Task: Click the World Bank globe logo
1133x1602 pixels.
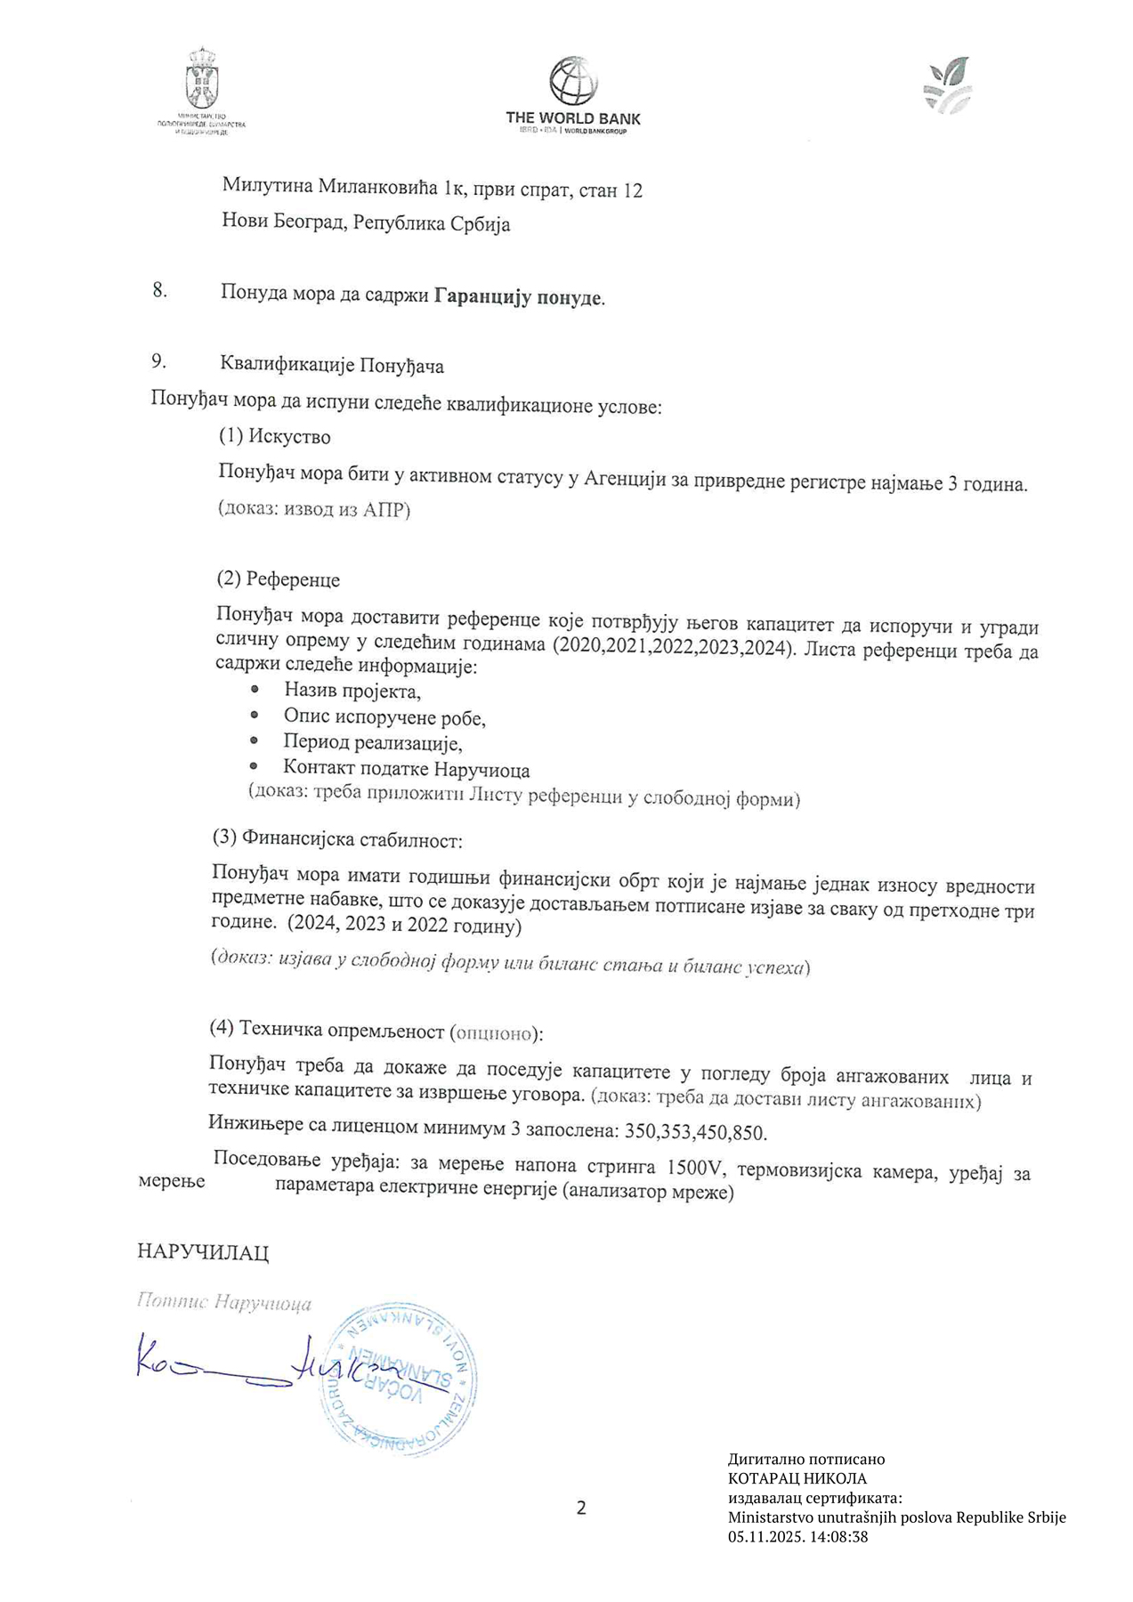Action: pyautogui.click(x=572, y=81)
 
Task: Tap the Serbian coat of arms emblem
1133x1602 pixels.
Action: pyautogui.click(x=202, y=79)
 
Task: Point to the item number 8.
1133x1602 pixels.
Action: pyautogui.click(x=160, y=291)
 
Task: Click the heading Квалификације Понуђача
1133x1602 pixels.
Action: pyautogui.click(x=332, y=365)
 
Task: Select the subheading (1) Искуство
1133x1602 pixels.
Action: pyautogui.click(x=275, y=437)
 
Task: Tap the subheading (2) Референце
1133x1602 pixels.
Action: pyautogui.click(x=279, y=579)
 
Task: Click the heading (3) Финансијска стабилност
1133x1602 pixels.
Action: pyautogui.click(x=337, y=838)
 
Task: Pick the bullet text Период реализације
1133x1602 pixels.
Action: pyautogui.click(x=373, y=741)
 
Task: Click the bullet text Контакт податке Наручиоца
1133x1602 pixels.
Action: pyautogui.click(x=407, y=768)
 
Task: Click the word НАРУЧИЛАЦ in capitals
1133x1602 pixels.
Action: pyautogui.click(x=203, y=1252)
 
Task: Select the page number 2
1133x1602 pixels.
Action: pyautogui.click(x=581, y=1508)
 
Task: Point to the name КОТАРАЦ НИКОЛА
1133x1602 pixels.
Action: pyautogui.click(x=797, y=1478)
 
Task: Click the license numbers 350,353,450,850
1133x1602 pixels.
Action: pyautogui.click(x=695, y=1132)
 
